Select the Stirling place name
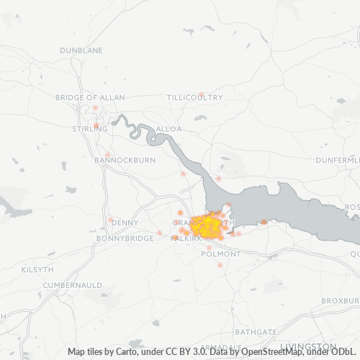click(89, 129)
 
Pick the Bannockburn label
click(125, 160)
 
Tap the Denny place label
click(125, 222)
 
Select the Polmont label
click(221, 254)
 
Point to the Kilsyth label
click(37, 269)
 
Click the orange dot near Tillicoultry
click(202, 94)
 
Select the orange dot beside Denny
click(110, 220)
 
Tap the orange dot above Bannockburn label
click(107, 155)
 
